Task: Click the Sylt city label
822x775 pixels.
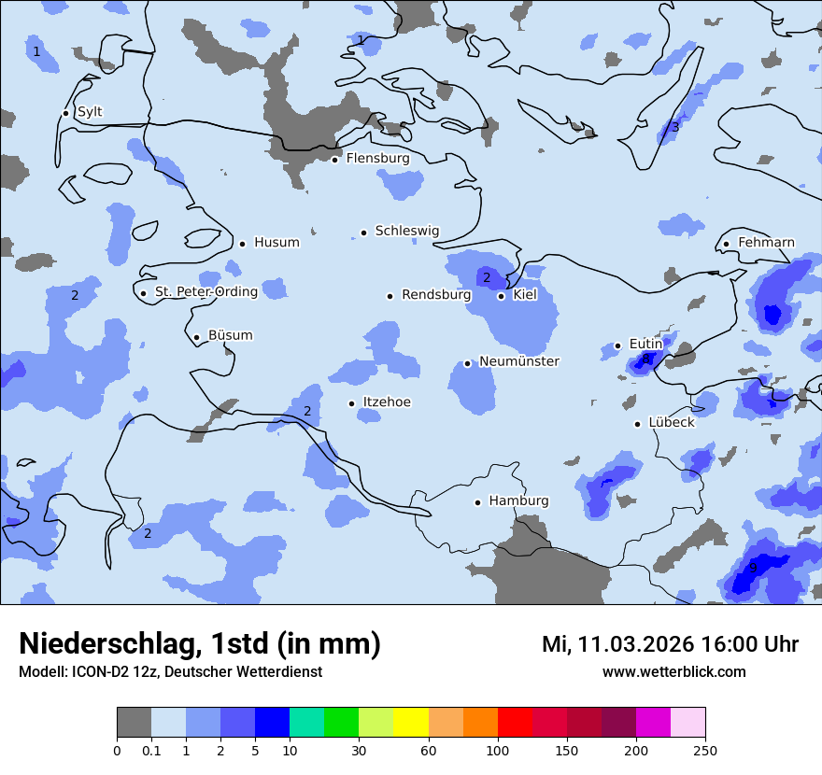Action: (x=90, y=112)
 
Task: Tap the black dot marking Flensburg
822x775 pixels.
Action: (x=334, y=160)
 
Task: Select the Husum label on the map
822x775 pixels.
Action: (x=276, y=243)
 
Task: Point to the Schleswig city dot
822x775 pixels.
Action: (x=363, y=232)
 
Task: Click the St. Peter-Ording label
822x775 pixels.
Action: (x=206, y=292)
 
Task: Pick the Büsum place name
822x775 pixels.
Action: (x=231, y=335)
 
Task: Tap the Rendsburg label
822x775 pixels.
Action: (x=436, y=295)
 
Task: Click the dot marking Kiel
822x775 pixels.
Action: (x=501, y=296)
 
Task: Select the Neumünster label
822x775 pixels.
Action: (x=519, y=361)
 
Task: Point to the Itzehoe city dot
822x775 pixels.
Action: (x=351, y=403)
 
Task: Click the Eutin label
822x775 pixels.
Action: (x=645, y=345)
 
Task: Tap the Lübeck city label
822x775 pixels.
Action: (x=672, y=423)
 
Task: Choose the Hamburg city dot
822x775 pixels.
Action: (x=477, y=502)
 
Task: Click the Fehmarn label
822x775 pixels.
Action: (x=766, y=243)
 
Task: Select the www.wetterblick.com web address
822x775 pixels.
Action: (x=673, y=671)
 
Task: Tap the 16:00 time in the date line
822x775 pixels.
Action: (x=720, y=644)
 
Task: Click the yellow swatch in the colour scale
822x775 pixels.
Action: (x=411, y=723)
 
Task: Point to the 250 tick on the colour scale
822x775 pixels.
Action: (x=705, y=750)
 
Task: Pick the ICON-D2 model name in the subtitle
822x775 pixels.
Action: (x=95, y=671)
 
